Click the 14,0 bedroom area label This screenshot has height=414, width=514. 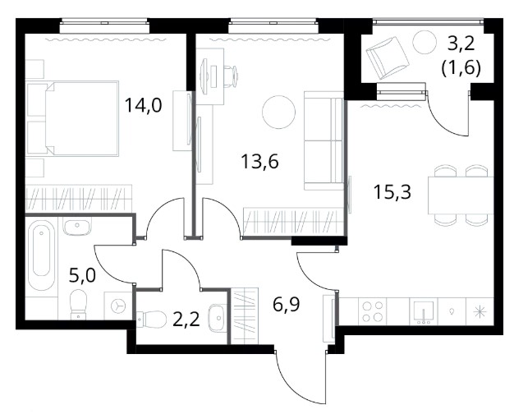click(x=144, y=106)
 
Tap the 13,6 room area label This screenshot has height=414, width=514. click(x=259, y=161)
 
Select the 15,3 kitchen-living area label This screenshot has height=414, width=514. click(x=392, y=192)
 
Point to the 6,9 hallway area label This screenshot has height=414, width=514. click(x=287, y=305)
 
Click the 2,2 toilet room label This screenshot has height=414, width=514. click(x=186, y=320)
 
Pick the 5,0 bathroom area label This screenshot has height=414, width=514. click(x=83, y=275)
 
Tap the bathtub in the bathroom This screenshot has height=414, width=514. click(x=41, y=255)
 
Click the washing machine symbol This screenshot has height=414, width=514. click(x=117, y=306)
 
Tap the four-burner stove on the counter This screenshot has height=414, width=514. click(x=373, y=311)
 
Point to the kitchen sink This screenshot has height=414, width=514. click(x=424, y=311)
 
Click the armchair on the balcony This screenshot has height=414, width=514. click(x=387, y=57)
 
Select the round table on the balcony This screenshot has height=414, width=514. click(x=425, y=42)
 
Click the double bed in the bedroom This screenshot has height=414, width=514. click(x=73, y=118)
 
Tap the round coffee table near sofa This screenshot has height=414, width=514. click(x=279, y=113)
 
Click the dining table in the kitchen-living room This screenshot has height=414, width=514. click(x=461, y=195)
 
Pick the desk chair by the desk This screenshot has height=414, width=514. click(x=231, y=76)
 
